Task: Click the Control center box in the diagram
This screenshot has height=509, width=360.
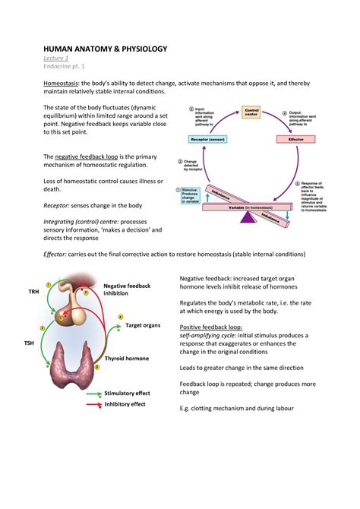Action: [251, 112]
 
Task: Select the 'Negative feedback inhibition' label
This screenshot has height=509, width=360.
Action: [127, 289]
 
